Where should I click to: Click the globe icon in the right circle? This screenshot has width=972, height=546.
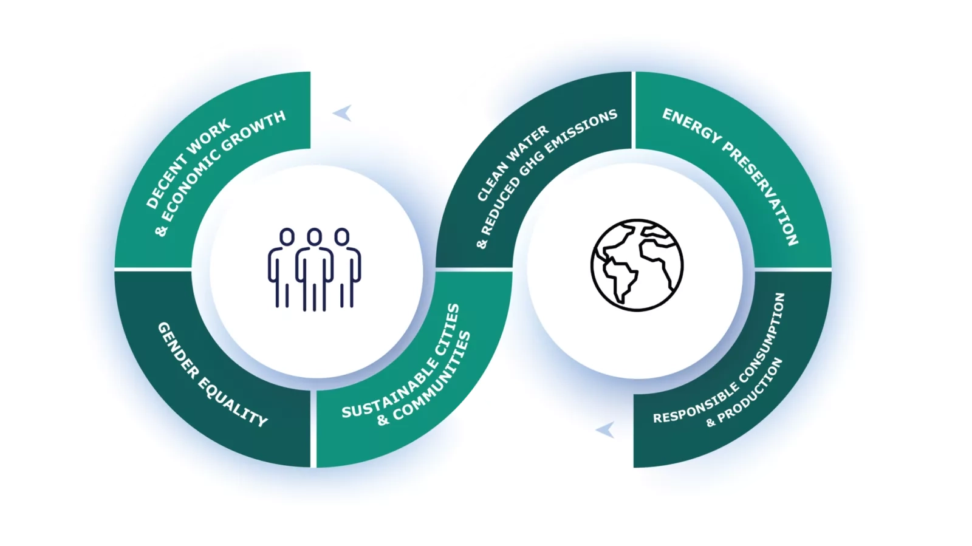point(637,265)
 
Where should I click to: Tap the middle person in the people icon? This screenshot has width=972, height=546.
point(315,269)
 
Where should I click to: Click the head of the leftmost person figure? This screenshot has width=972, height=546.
point(287,237)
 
